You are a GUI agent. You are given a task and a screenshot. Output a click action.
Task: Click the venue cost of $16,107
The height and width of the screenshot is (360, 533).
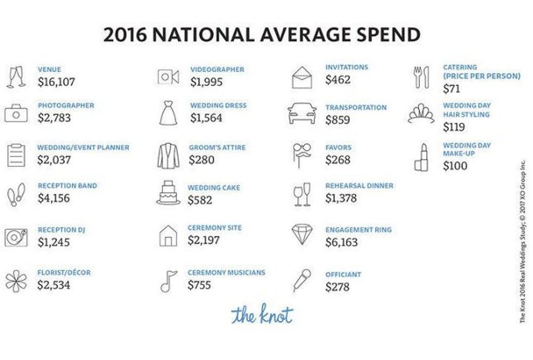click(56, 82)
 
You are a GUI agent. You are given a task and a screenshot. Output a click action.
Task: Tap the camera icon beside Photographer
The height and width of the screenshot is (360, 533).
click(16, 114)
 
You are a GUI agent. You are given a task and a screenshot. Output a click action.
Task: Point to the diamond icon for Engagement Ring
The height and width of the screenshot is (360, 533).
click(302, 235)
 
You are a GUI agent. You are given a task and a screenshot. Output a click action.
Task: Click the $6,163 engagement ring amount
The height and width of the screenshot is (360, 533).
click(342, 242)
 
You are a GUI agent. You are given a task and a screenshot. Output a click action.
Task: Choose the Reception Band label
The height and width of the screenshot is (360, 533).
click(67, 186)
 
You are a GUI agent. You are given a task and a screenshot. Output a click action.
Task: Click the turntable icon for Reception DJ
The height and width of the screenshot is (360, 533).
click(16, 237)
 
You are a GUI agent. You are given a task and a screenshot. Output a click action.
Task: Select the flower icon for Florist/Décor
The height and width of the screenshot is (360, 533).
click(16, 281)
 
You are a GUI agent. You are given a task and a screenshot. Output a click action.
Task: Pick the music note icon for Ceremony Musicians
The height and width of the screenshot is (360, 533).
click(167, 281)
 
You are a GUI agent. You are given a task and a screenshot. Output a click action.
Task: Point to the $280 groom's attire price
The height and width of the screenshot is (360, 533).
click(201, 160)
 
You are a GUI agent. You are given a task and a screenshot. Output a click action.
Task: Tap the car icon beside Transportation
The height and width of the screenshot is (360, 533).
click(302, 113)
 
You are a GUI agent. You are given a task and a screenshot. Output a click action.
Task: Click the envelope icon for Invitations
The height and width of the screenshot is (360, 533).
click(303, 77)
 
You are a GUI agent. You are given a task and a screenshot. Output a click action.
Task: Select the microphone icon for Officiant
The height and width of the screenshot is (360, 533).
click(302, 281)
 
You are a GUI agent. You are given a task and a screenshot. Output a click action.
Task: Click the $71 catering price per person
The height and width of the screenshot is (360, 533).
click(451, 89)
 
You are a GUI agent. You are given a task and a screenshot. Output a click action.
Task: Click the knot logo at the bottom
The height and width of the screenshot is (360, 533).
click(262, 315)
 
